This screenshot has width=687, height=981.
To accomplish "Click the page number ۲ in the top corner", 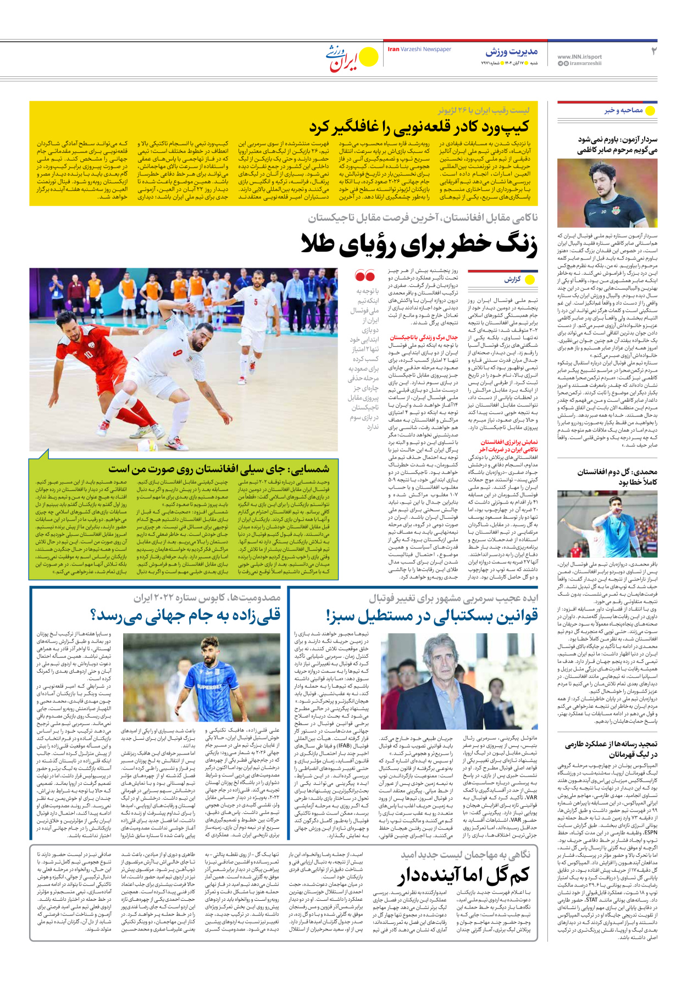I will (x=653, y=52).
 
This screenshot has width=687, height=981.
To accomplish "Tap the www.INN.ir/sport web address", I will (x=579, y=57).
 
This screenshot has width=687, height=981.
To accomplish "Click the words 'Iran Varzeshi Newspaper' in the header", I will (x=419, y=49).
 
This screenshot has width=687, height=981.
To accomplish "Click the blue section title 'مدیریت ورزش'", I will (x=511, y=52).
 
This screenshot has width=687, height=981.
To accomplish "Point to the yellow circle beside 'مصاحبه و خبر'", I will (x=651, y=110).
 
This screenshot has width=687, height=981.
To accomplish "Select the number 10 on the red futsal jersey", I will (x=88, y=356).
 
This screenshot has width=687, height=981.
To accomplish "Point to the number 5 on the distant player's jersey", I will (x=256, y=302).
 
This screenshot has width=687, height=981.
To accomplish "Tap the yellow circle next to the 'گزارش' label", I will (x=530, y=280).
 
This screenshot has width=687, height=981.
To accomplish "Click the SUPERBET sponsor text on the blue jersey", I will (x=209, y=687).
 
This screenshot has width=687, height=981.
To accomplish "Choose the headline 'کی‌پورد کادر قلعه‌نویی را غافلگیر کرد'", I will (x=419, y=127).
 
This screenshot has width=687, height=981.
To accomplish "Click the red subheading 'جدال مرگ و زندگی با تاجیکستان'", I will (x=423, y=337).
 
